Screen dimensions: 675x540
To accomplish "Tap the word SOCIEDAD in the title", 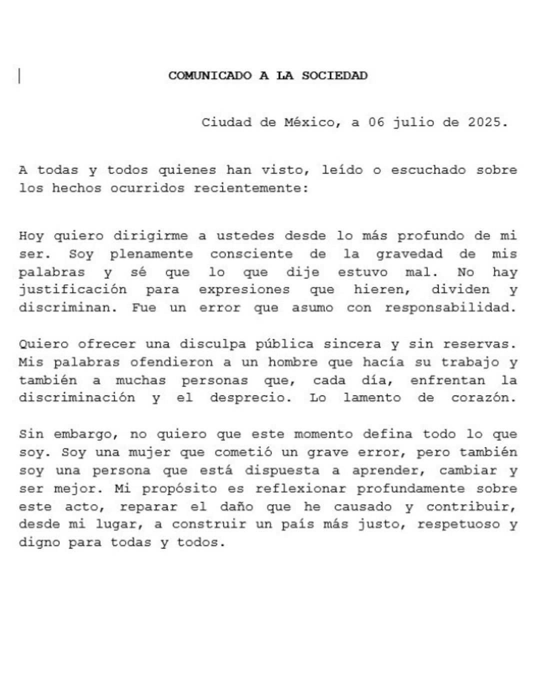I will [x=334, y=76].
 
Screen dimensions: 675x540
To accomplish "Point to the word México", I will [x=309, y=122].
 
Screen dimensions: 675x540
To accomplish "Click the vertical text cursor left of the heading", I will [x=19, y=76].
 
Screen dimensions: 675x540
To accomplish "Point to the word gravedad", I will [x=409, y=254].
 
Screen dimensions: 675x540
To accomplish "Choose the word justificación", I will [x=72, y=290].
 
